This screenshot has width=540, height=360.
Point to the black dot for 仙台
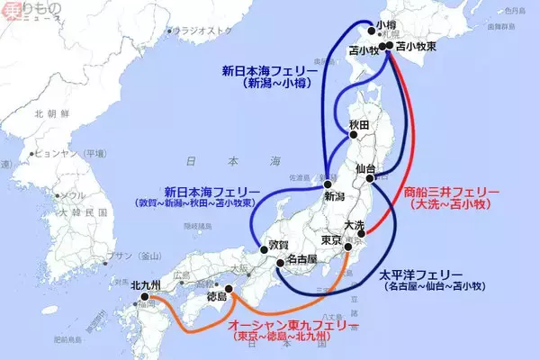coord(370,178)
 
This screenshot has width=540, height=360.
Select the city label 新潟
coord(335,195)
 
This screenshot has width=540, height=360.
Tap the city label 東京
coord(331,240)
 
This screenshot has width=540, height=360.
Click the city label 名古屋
coord(298,260)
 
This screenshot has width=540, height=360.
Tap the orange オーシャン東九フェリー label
coord(292,324)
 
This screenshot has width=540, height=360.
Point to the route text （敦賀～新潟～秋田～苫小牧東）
coord(210,204)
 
